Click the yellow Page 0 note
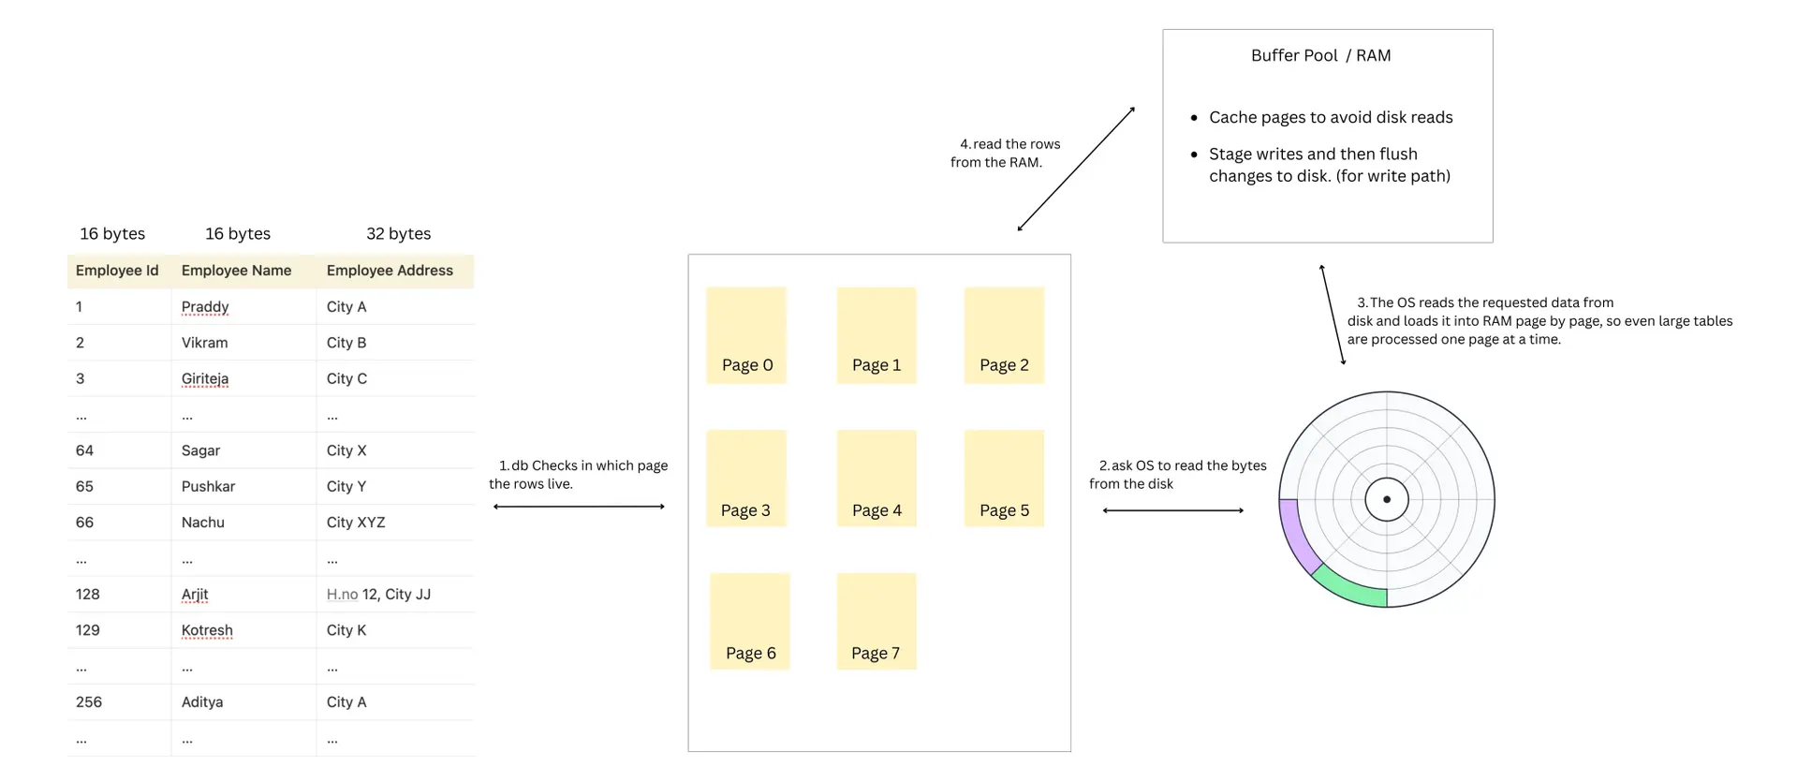pyautogui.click(x=746, y=335)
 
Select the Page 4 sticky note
pyautogui.click(x=876, y=478)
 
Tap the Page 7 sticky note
pyautogui.click(x=876, y=621)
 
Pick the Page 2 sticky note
pyautogui.click(x=1004, y=335)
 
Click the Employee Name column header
pyautogui.click(x=236, y=271)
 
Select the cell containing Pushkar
pyautogui.click(x=208, y=487)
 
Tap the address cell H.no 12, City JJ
pyautogui.click(x=378, y=595)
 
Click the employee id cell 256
pyautogui.click(x=89, y=702)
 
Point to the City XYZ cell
pyautogui.click(x=356, y=523)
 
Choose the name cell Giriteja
pyautogui.click(x=205, y=379)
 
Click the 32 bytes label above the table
pyautogui.click(x=398, y=234)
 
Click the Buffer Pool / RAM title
pyautogui.click(x=1320, y=56)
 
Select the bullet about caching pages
pyautogui.click(x=1330, y=118)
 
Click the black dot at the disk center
pyautogui.click(x=1387, y=499)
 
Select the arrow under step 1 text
pyautogui.click(x=579, y=507)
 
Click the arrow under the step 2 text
pyautogui.click(x=1172, y=510)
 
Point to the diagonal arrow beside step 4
pyautogui.click(x=1076, y=169)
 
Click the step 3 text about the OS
pyautogui.click(x=1539, y=321)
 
